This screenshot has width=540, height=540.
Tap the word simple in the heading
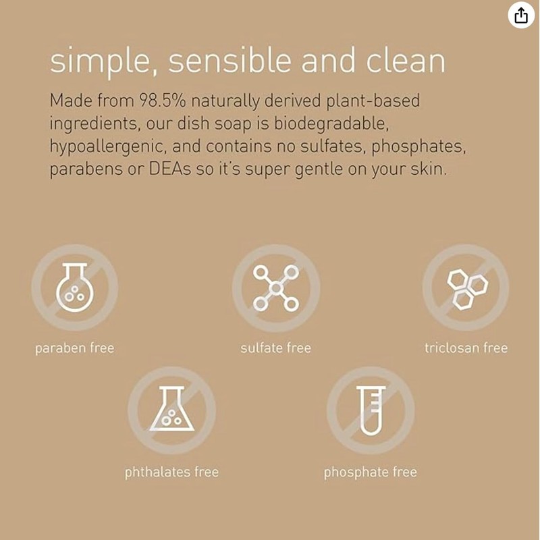pyautogui.click(x=102, y=62)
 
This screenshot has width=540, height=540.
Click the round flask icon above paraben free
pyautogui.click(x=74, y=288)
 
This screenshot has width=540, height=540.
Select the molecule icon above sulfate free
pyautogui.click(x=275, y=288)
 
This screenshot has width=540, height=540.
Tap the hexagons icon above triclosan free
pyautogui.click(x=466, y=288)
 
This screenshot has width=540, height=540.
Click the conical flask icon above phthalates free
pyautogui.click(x=171, y=410)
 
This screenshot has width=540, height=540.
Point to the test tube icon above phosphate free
pyautogui.click(x=371, y=410)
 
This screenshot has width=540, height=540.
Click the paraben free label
pyautogui.click(x=74, y=349)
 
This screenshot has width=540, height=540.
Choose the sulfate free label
pyautogui.click(x=275, y=349)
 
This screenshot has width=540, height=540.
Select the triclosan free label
pyautogui.click(x=466, y=348)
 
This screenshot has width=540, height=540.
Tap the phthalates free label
pyautogui.click(x=171, y=472)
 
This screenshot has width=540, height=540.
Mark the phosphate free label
pyautogui.click(x=370, y=472)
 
